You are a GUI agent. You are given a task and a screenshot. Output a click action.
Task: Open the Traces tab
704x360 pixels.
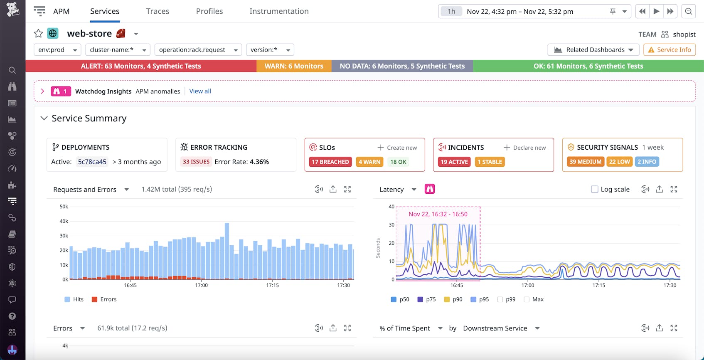click(x=158, y=11)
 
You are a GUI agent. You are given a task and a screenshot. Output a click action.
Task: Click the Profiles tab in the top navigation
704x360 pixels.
click(x=209, y=11)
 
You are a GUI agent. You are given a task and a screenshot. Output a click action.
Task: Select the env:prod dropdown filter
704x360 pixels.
click(x=57, y=50)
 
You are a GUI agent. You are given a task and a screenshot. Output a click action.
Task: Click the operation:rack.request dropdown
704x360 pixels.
click(x=198, y=50)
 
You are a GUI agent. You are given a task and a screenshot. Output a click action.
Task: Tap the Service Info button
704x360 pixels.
click(x=669, y=50)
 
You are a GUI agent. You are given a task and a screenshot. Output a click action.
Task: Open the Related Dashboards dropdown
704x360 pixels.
click(x=594, y=50)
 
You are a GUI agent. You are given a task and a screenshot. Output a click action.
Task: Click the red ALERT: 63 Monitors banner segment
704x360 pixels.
click(x=141, y=66)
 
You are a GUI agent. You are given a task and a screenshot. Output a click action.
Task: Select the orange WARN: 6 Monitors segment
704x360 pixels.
click(x=294, y=66)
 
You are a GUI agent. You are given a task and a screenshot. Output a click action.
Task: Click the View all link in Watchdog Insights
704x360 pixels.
click(x=200, y=91)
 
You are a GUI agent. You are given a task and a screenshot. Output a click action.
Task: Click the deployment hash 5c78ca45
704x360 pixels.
click(x=92, y=162)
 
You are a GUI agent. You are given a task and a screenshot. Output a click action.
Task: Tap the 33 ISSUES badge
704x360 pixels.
click(x=196, y=162)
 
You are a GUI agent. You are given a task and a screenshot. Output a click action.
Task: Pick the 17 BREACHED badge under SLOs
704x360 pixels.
click(x=330, y=162)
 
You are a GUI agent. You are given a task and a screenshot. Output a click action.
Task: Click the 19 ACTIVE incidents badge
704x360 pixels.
click(x=454, y=162)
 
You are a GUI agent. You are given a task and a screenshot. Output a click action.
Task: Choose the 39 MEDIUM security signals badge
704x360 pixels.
click(x=585, y=162)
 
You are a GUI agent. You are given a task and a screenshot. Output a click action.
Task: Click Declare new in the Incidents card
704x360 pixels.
click(x=525, y=148)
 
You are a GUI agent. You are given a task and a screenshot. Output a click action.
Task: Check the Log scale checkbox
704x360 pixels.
click(x=595, y=190)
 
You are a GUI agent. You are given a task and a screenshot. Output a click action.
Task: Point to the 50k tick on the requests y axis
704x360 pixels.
click(x=64, y=207)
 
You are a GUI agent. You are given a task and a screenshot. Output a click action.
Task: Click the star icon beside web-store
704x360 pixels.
click(x=38, y=33)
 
